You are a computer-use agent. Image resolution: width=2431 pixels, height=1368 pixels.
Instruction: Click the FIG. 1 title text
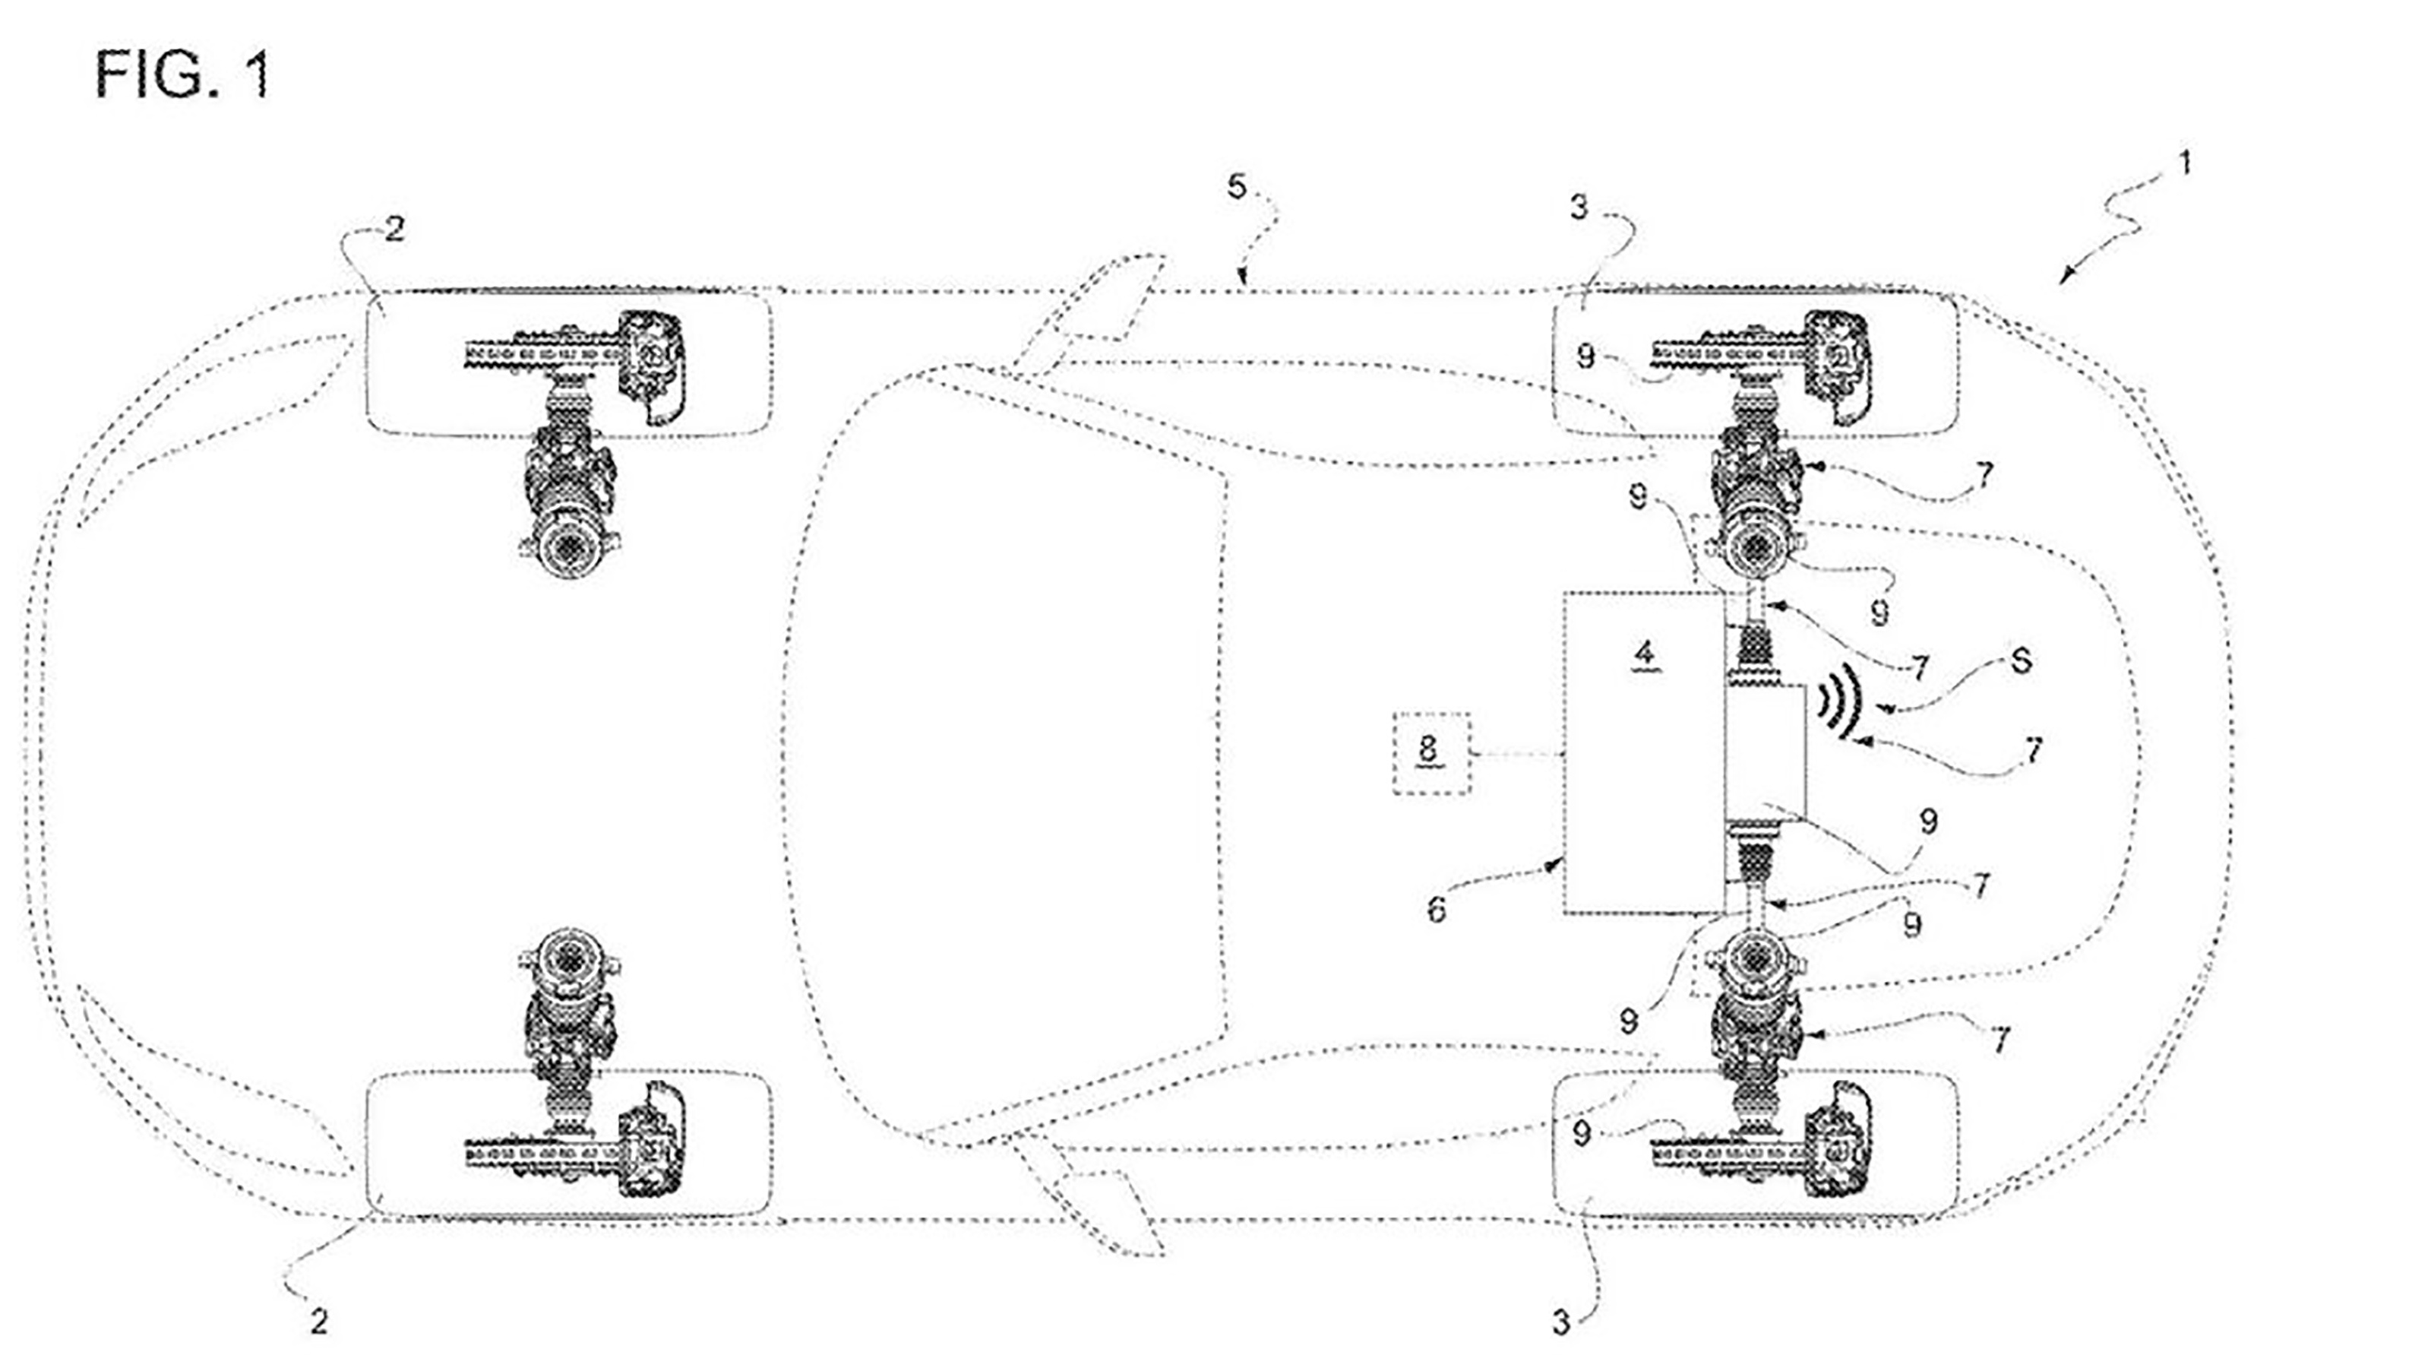183,74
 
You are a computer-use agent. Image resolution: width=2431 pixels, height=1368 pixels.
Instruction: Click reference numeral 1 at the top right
2183,163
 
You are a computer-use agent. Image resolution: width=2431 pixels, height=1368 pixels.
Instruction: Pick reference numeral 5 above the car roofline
1236,187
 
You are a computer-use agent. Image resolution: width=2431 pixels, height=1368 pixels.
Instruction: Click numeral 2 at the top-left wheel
394,230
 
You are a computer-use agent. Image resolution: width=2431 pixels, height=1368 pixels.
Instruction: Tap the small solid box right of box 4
1765,751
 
